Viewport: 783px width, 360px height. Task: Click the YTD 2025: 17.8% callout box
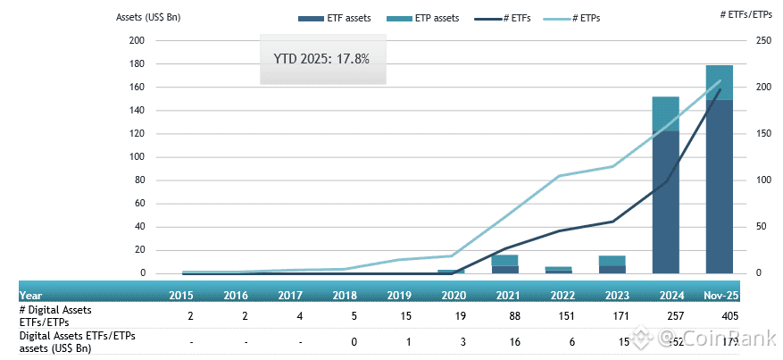(321, 60)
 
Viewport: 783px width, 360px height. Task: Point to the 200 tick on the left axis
(137, 41)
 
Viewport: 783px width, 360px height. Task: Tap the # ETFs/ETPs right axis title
(746, 13)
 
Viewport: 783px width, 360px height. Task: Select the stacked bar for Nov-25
(719, 170)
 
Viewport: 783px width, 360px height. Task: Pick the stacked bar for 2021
(505, 264)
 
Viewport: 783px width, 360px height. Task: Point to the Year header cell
(31, 294)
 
